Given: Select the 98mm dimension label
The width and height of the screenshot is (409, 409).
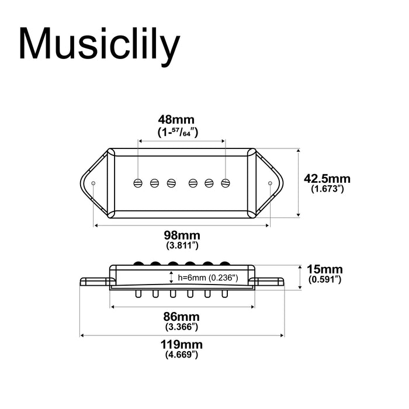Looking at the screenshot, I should (181, 235).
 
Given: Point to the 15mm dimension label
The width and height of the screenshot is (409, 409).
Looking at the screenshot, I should (325, 270).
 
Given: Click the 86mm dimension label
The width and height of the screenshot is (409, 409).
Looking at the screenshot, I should (181, 316).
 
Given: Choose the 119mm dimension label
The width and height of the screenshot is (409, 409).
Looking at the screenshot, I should (181, 345).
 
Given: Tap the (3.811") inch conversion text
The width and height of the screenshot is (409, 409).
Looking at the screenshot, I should (181, 245).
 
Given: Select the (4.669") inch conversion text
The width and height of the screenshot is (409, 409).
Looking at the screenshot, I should (181, 355).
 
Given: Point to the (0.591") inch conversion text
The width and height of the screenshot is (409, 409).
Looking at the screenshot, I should (325, 280).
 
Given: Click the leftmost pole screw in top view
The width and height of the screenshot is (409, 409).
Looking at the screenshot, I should (138, 182).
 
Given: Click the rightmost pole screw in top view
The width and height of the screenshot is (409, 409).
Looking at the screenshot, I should (225, 182).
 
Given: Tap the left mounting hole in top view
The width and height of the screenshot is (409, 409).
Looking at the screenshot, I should (93, 183).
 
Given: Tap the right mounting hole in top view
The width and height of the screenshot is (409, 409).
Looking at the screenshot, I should (269, 183).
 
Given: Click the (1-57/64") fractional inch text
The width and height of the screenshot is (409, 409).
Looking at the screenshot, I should (181, 133).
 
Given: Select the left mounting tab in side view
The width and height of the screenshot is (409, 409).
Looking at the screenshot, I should (93, 282).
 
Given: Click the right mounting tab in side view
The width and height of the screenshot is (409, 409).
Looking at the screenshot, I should (270, 282).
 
